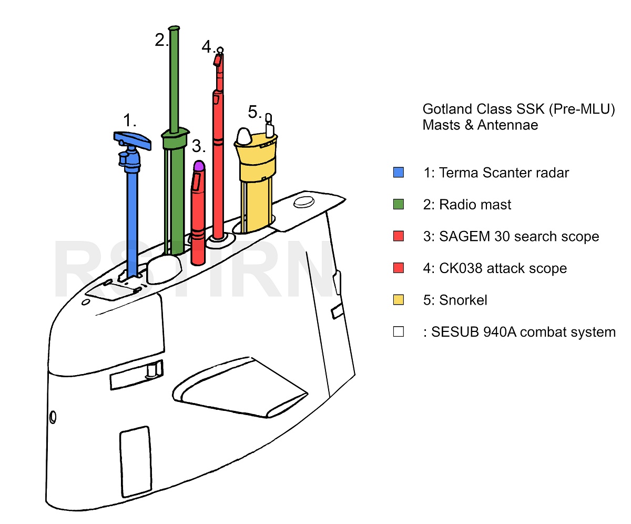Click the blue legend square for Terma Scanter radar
point(398,173)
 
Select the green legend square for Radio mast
point(398,204)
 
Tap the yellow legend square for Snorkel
point(398,300)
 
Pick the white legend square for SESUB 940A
point(398,331)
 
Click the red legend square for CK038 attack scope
point(398,268)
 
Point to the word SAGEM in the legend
point(464,236)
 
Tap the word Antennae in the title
point(508,125)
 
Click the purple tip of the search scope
point(199,166)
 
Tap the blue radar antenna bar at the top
point(132,140)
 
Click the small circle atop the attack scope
point(220,50)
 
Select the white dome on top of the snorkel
point(244,136)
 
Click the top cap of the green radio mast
point(174,28)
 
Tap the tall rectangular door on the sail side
point(136,462)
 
